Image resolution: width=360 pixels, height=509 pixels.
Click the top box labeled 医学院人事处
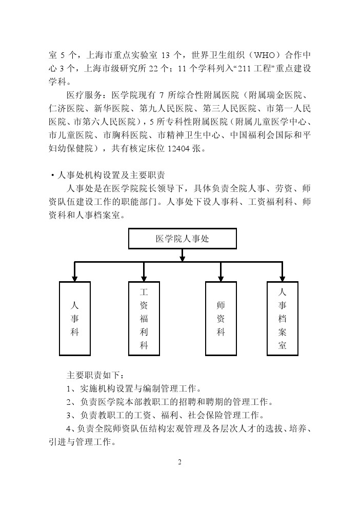(x=182, y=239)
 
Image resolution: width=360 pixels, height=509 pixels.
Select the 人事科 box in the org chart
(x=75, y=318)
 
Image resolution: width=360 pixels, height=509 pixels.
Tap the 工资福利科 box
(x=144, y=318)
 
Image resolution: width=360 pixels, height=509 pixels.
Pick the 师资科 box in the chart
(x=221, y=318)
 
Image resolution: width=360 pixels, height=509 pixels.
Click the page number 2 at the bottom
(x=180, y=462)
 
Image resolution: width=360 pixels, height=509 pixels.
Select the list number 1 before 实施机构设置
(x=70, y=387)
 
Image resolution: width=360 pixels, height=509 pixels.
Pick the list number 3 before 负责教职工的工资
(x=70, y=414)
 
